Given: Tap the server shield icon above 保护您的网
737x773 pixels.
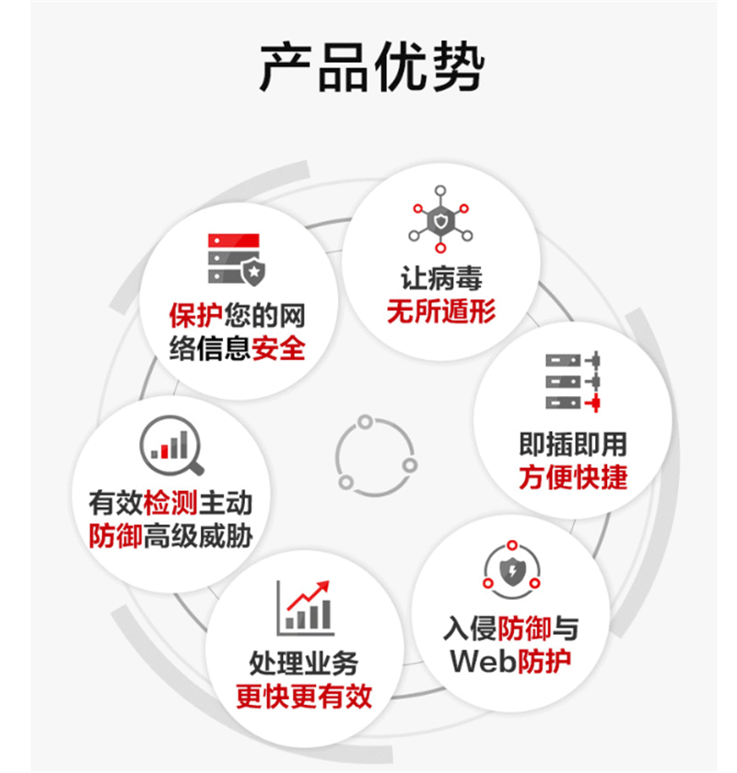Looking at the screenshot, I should (x=237, y=259).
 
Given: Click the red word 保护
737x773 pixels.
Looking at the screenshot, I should (x=195, y=315).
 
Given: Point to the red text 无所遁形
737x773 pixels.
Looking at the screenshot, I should (x=440, y=311).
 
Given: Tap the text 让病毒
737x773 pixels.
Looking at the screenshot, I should (x=440, y=277).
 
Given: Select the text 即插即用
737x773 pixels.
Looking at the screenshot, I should (x=572, y=444).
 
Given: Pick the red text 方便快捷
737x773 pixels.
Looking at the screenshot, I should (x=572, y=478).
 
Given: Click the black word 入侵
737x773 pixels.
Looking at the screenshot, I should (x=470, y=628).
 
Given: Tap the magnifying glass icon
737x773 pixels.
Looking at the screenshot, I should (x=171, y=445).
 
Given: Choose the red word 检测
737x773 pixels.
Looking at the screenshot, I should (x=170, y=502).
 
